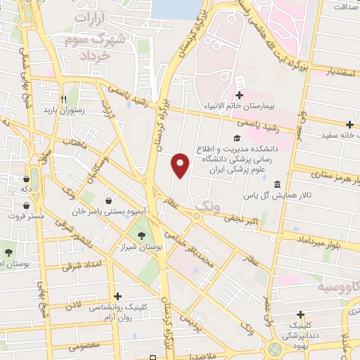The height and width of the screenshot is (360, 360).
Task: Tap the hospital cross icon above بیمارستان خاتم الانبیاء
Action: click(x=239, y=96)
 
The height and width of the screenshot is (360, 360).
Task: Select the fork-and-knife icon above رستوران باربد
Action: click(x=63, y=99)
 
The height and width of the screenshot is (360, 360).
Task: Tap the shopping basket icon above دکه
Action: click(x=26, y=179)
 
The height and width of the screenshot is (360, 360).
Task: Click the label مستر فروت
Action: click(x=27, y=216)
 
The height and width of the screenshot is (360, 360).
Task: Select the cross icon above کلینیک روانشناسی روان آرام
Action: click(x=117, y=296)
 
